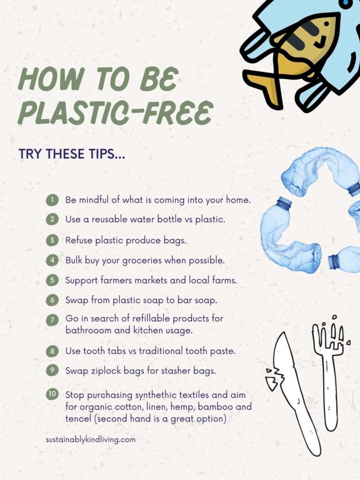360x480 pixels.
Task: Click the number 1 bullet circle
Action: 52,200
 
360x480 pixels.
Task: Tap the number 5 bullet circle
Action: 52,280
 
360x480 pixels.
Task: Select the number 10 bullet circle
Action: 52,394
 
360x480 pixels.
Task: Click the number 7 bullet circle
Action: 52,320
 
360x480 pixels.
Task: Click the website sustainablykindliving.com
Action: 91,440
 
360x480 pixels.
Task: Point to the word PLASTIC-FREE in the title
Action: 116,113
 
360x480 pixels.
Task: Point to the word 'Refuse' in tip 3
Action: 79,240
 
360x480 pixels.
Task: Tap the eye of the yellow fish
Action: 326,24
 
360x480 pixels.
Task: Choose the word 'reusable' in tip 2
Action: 109,219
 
